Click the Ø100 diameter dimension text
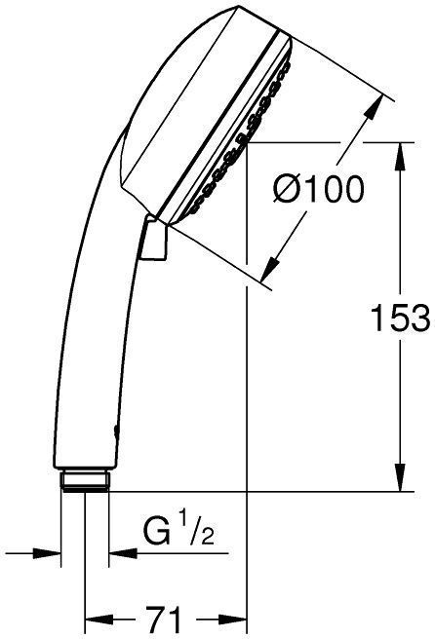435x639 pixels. [x=317, y=189]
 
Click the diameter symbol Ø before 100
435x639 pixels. [x=286, y=189]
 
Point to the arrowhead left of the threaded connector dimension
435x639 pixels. [x=51, y=554]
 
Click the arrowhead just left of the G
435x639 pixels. [x=119, y=554]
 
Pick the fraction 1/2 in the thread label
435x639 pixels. [x=201, y=535]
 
